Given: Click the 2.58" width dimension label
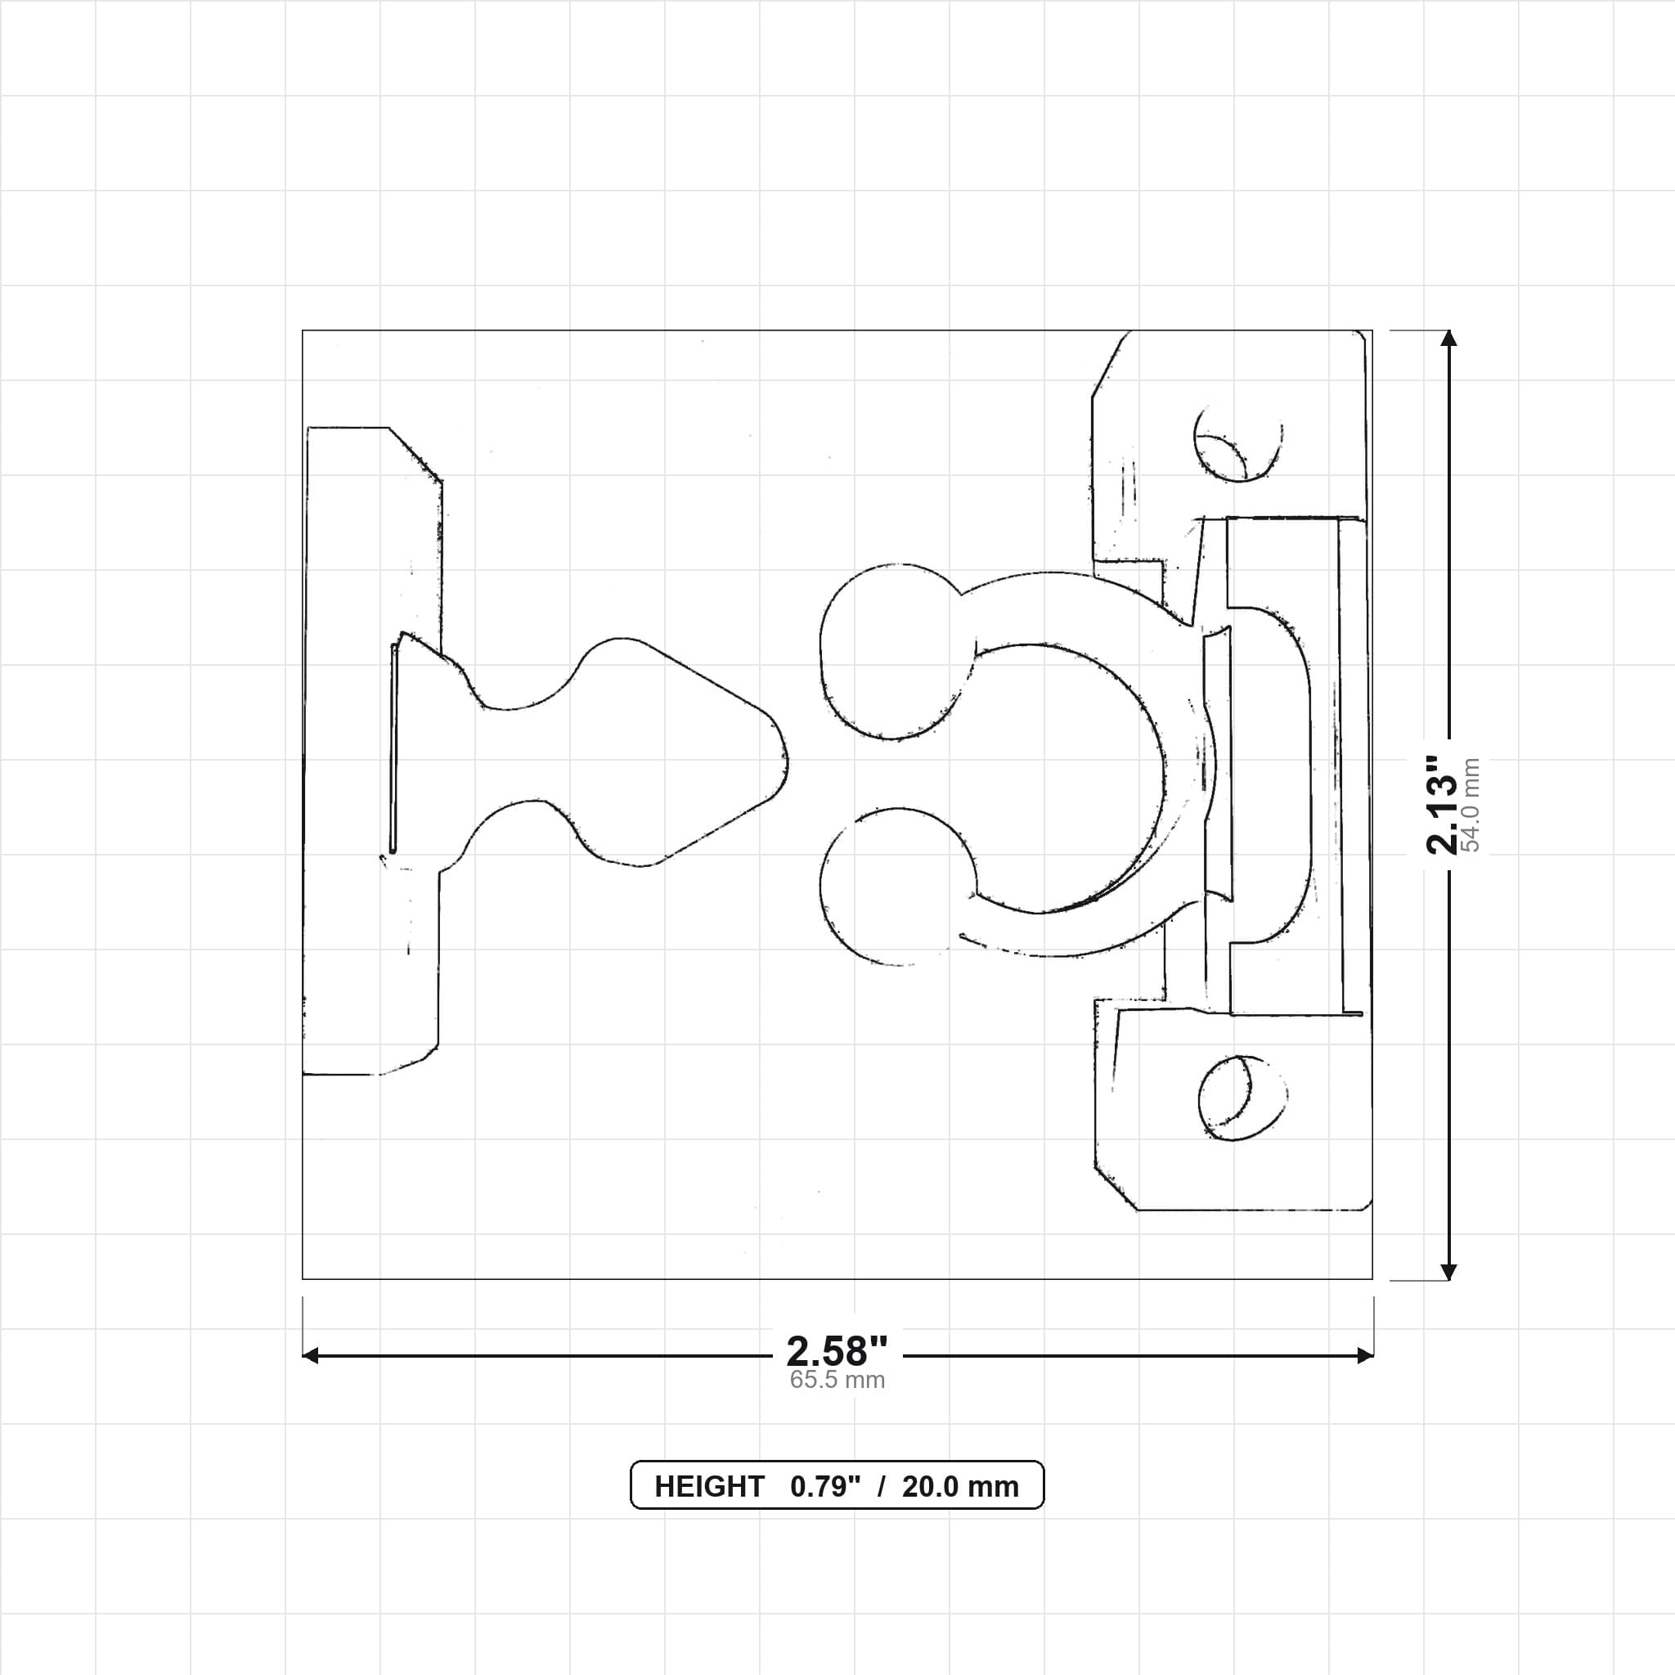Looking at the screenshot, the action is [837, 1352].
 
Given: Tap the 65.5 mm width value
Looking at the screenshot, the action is [837, 1381].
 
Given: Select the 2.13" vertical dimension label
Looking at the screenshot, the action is [1443, 805].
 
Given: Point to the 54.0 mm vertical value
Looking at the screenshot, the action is [1471, 805].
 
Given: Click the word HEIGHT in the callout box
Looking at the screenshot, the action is [708, 1487].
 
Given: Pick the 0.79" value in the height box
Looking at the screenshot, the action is [824, 1487].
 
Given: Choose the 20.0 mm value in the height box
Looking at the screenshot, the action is [959, 1487].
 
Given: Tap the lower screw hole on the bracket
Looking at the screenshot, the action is [1242, 1098].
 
